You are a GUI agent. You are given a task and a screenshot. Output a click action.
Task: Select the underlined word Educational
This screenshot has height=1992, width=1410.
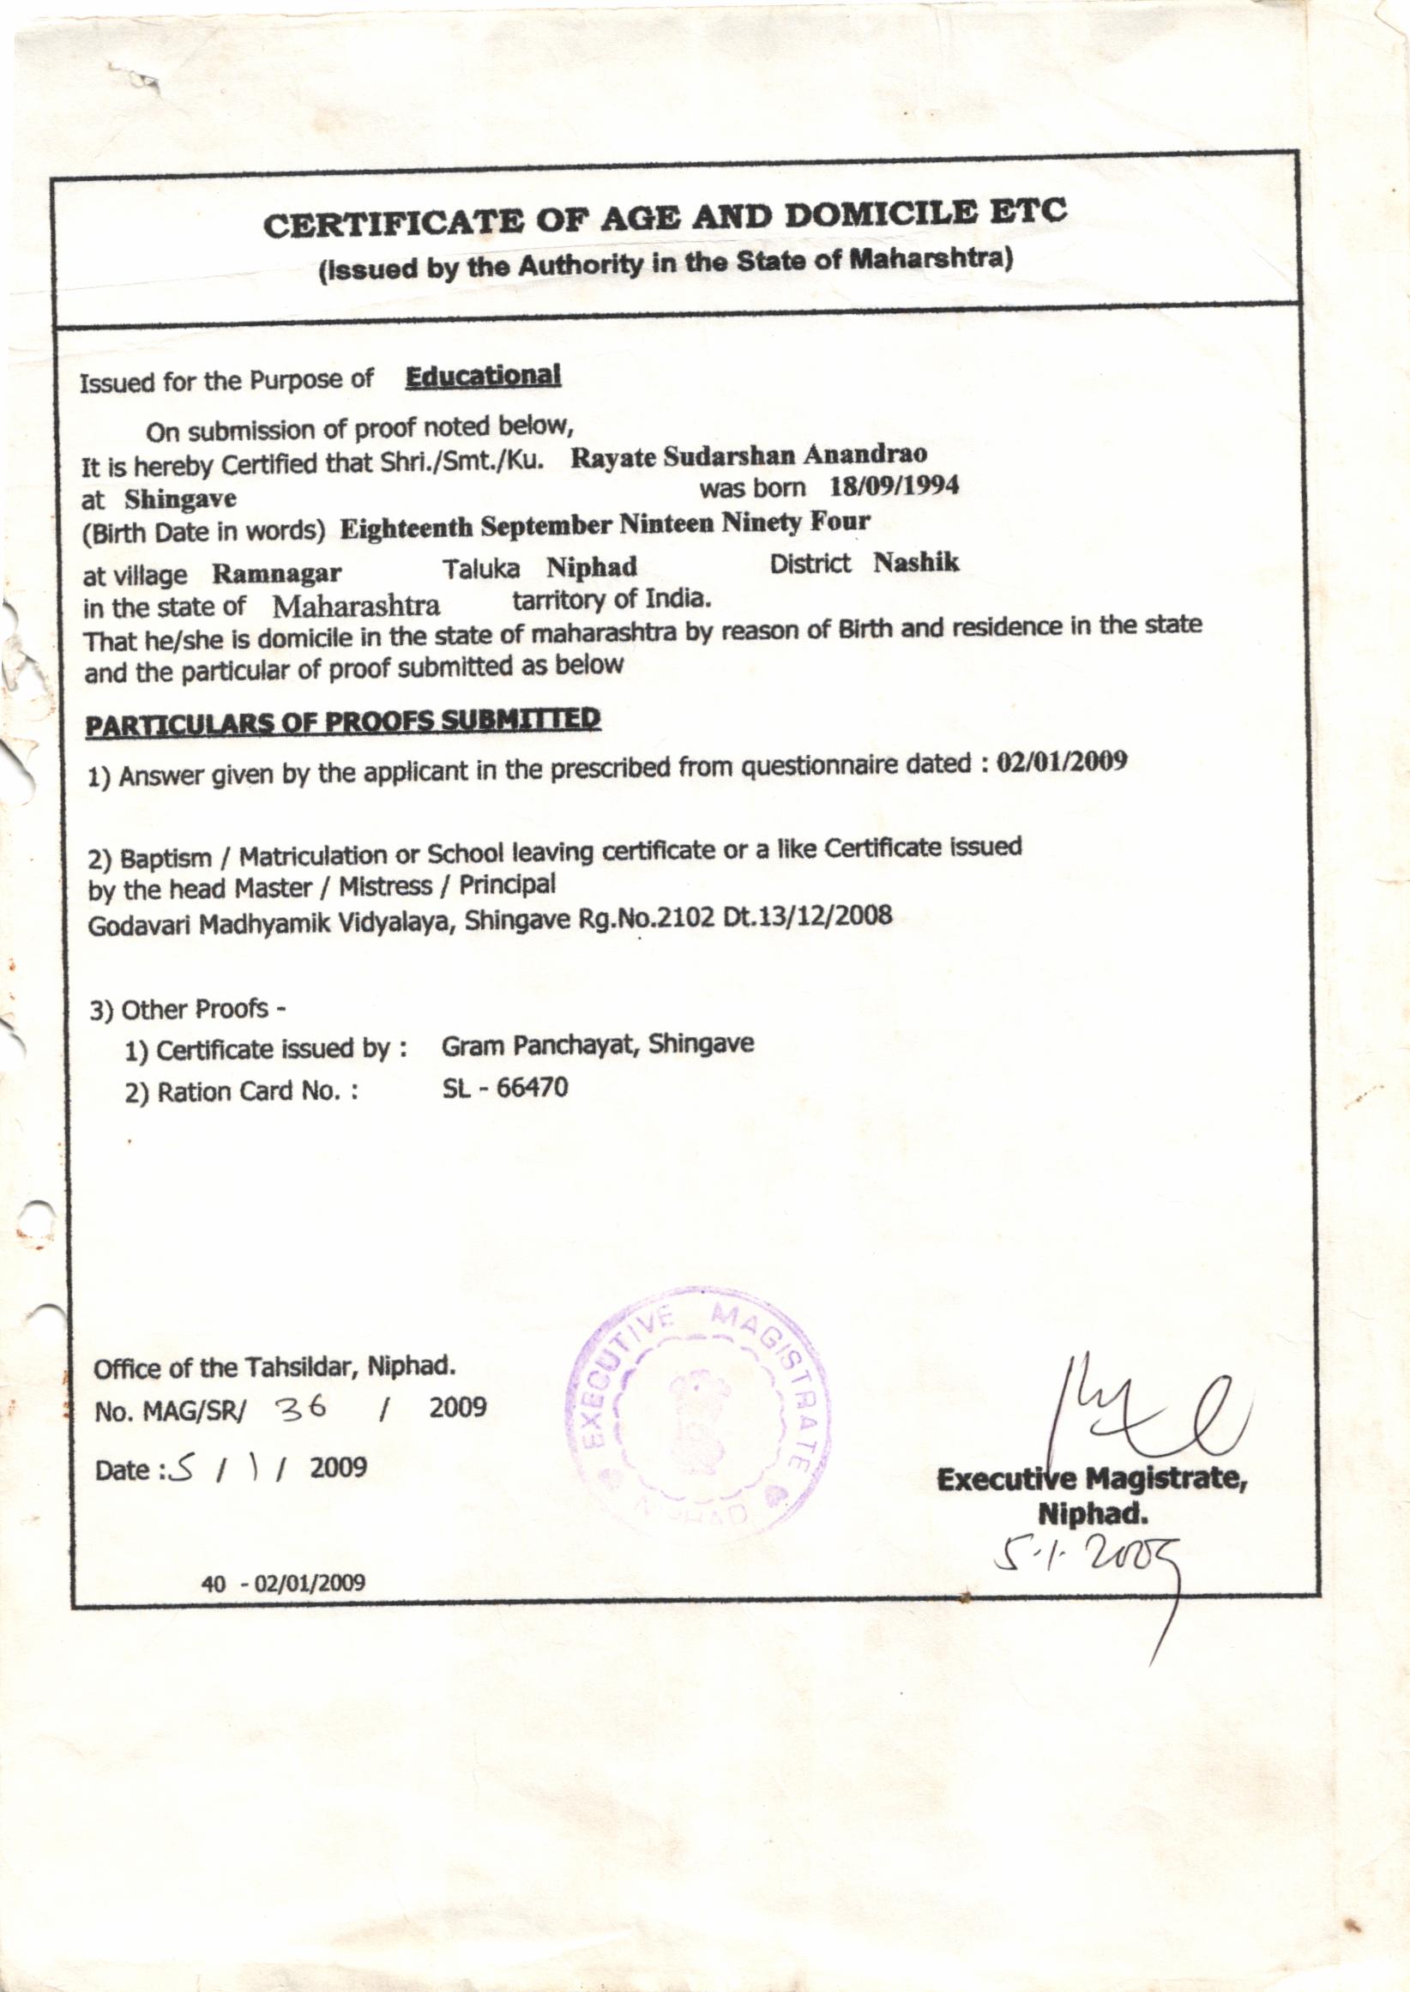(484, 377)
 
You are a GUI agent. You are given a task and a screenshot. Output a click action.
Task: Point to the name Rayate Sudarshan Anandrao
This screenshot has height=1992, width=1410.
(749, 455)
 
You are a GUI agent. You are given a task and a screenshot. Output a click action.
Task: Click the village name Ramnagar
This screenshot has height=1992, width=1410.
(277, 574)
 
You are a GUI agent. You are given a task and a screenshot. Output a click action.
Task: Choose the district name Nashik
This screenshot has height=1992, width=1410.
(916, 563)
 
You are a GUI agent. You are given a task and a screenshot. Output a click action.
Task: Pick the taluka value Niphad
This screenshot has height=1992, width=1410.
(592, 568)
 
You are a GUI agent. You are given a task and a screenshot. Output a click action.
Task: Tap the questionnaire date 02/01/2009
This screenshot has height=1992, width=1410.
(1063, 762)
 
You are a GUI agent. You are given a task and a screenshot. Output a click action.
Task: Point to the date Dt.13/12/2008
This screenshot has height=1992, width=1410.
(807, 915)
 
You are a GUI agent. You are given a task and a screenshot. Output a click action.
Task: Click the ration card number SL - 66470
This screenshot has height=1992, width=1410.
(505, 1088)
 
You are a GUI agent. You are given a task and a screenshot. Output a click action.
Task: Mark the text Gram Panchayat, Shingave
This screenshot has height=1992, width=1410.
(597, 1045)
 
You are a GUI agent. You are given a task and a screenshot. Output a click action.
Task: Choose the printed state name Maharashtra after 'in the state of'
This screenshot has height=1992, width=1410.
(356, 604)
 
